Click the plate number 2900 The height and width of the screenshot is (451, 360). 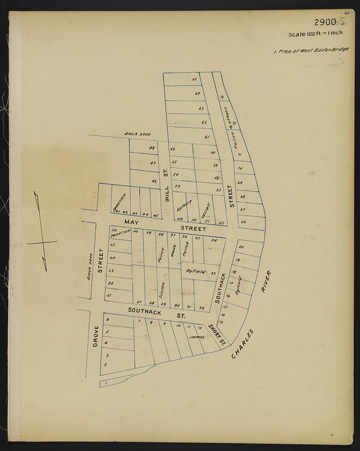325,23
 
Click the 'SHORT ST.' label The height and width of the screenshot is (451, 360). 215,334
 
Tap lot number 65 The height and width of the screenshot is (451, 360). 195,79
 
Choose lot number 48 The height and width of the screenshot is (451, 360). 152,148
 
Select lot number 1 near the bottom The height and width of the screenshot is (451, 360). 105,383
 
